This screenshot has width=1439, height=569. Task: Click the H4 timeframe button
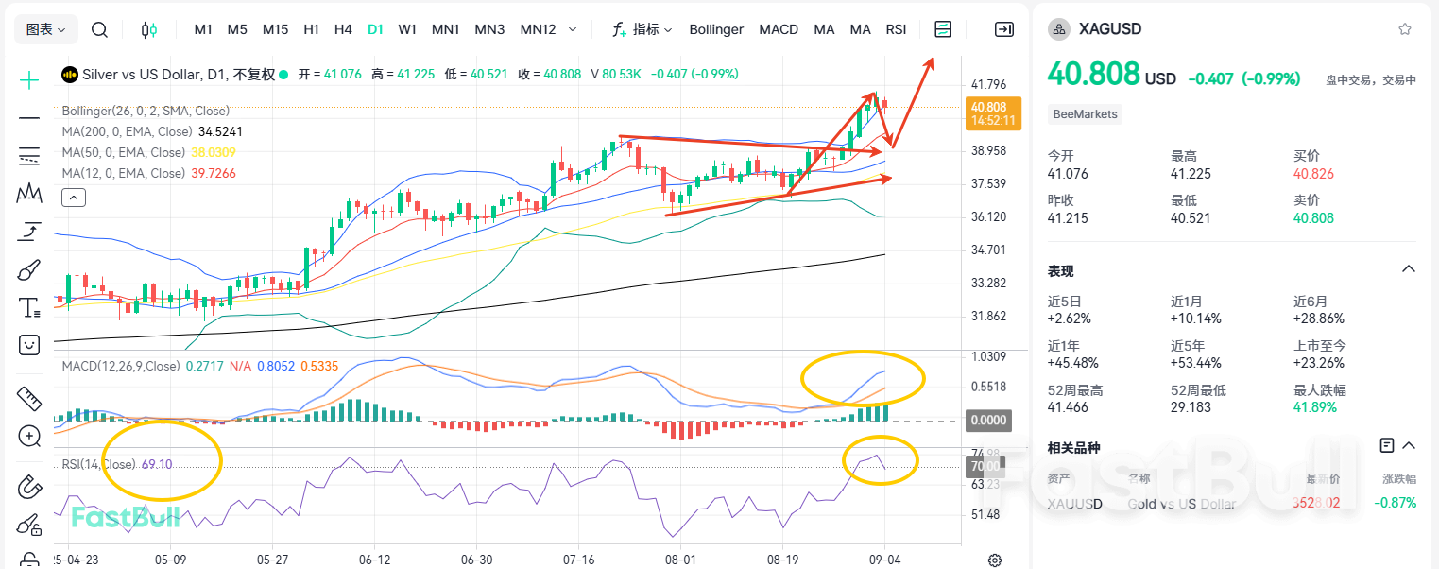[343, 29]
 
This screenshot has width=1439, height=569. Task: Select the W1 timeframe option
[407, 29]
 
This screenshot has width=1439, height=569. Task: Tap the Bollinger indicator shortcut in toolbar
[716, 29]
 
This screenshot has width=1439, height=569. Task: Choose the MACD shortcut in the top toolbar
[779, 29]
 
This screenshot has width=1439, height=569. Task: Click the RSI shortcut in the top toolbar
[896, 29]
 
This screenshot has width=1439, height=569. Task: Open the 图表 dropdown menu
[45, 29]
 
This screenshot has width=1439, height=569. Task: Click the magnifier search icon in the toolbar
[99, 29]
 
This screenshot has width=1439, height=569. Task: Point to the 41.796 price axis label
[989, 84]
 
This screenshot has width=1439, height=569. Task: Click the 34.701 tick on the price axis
[989, 250]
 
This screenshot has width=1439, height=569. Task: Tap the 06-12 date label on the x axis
[374, 559]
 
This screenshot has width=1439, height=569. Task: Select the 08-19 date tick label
[782, 559]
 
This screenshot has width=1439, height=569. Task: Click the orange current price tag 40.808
[989, 108]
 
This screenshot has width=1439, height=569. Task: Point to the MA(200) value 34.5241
[220, 131]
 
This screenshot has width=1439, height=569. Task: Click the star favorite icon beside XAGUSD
[1405, 29]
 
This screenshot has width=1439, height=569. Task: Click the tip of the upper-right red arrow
[933, 60]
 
